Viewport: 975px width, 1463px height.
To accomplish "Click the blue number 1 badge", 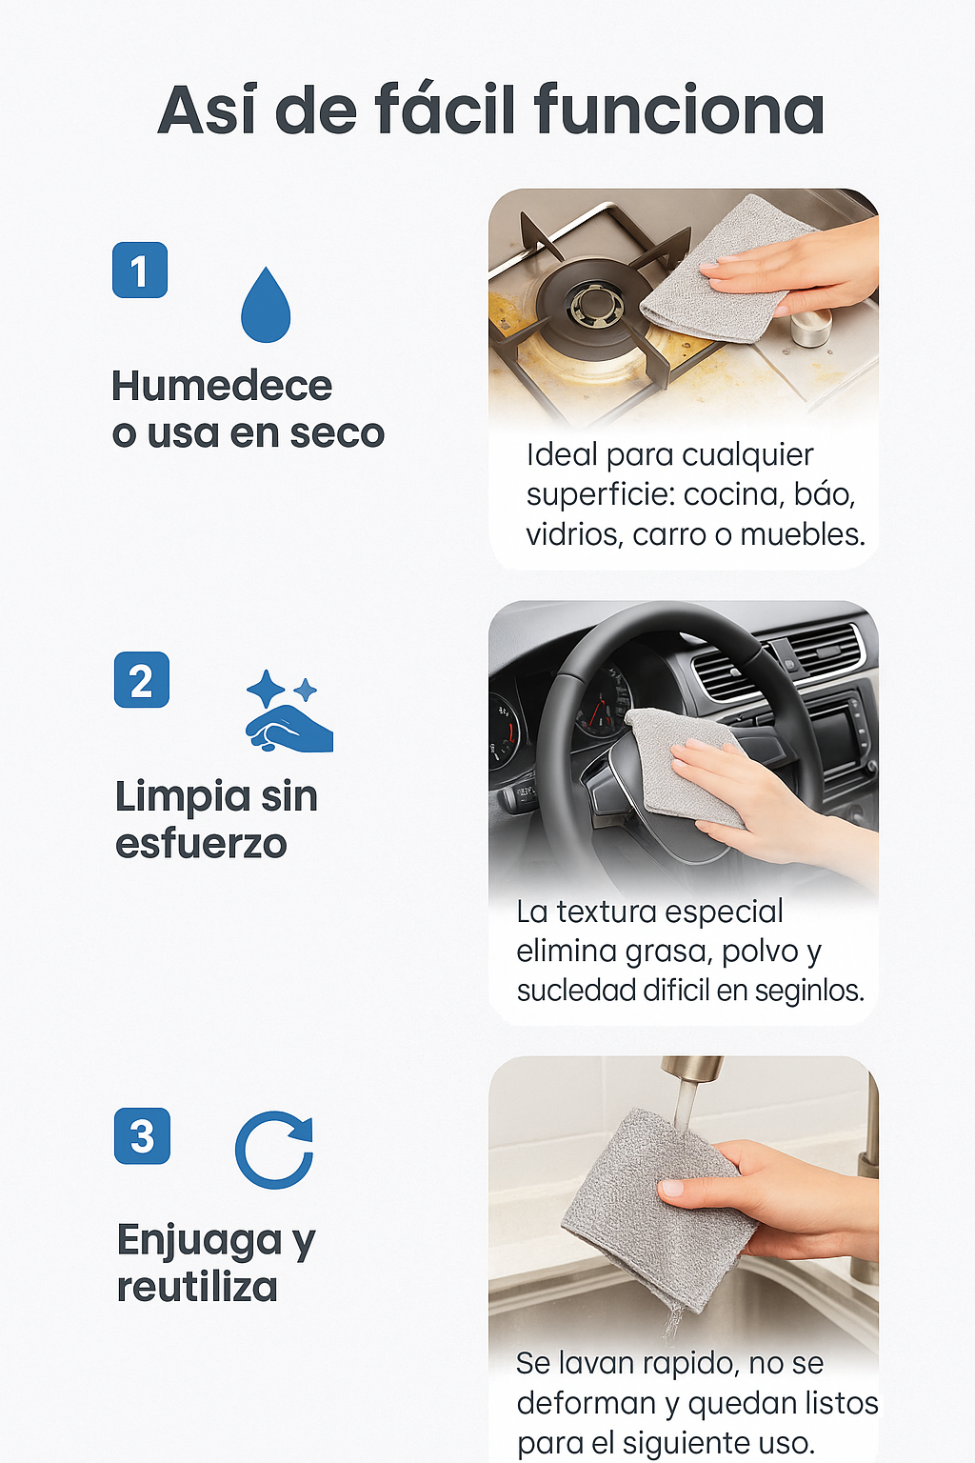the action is point(140,270).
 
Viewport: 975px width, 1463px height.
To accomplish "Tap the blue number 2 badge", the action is point(142,680).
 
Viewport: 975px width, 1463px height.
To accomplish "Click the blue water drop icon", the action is point(265,305).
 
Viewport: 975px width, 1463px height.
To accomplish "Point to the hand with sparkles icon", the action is point(289,710).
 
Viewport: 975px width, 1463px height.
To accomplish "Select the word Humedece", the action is point(222,386).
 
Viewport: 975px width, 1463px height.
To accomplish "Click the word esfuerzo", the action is point(201,843).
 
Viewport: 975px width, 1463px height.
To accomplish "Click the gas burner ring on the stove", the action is point(587,305).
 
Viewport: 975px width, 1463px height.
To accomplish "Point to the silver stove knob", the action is point(811,327).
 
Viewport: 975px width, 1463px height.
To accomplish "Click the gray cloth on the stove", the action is point(722,271).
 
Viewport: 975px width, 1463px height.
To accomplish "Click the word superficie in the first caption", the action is point(601,496).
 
